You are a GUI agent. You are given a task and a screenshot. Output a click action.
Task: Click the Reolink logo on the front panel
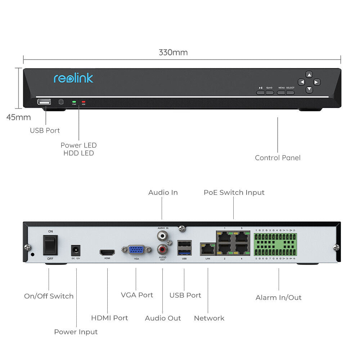point(73,78)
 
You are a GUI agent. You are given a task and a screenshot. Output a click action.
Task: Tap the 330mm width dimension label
point(173,53)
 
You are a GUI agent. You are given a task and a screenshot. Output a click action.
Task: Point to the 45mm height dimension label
point(19,117)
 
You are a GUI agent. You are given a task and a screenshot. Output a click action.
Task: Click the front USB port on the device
point(44,102)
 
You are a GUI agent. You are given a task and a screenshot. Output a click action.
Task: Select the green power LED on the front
point(74,102)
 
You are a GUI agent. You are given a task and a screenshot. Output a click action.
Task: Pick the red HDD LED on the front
point(84,102)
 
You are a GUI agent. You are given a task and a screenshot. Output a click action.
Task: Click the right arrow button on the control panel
point(316,82)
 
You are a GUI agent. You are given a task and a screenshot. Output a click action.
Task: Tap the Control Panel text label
point(278,158)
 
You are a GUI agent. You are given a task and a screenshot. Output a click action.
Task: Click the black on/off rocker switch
point(51,245)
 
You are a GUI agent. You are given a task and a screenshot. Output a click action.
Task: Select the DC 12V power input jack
point(76,249)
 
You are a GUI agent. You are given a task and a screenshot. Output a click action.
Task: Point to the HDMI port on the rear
point(107,252)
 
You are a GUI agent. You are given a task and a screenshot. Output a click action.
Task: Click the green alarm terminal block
point(275,245)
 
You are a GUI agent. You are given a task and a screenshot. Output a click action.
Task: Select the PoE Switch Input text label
point(234,193)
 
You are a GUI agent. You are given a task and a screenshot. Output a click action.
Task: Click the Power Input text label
point(76,332)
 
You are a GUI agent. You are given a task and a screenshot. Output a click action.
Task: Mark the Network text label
point(209,318)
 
